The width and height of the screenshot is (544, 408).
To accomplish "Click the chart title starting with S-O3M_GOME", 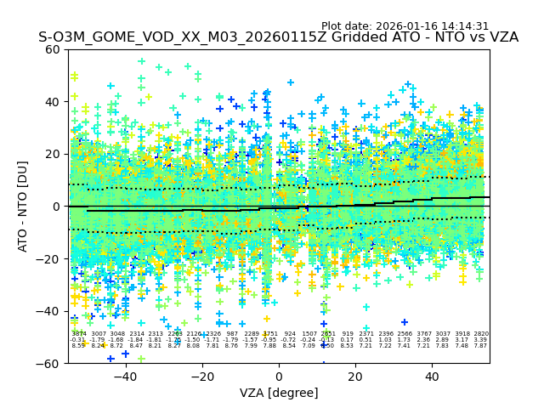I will pos(278,38).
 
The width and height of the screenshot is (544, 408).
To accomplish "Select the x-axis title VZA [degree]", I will pos(279,393).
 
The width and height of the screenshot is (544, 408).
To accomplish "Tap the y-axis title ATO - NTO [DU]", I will pos(24,206).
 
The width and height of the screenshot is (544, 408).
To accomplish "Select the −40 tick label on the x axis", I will pos(125,376).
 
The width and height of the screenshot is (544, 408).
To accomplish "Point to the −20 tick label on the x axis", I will pos(201,376).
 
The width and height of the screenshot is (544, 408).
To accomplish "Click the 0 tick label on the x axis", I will pos(279,376).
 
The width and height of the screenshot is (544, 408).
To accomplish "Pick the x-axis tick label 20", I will pos(355,376).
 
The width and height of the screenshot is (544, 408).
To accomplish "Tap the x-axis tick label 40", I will pos(432,376).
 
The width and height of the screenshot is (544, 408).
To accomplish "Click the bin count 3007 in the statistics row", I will pos(98,334).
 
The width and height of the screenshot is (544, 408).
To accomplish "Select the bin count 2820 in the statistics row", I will pos(480,334).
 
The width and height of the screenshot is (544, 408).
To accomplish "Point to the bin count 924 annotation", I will pos(290,334).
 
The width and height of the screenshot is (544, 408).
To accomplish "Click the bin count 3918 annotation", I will pos(462,334).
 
